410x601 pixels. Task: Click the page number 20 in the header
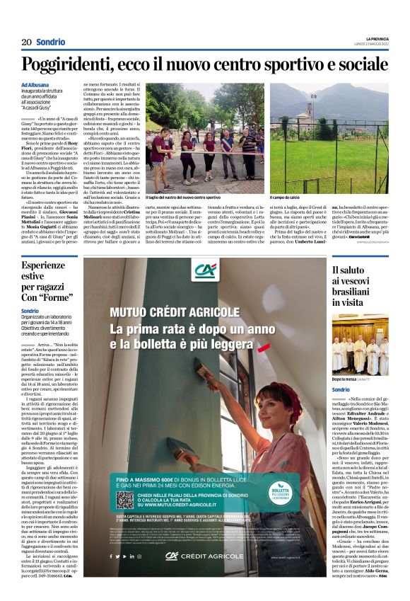tap(25, 42)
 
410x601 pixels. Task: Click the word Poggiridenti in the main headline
tap(71, 64)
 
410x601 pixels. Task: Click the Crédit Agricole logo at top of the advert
tap(206, 270)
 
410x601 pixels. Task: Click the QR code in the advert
tap(124, 500)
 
